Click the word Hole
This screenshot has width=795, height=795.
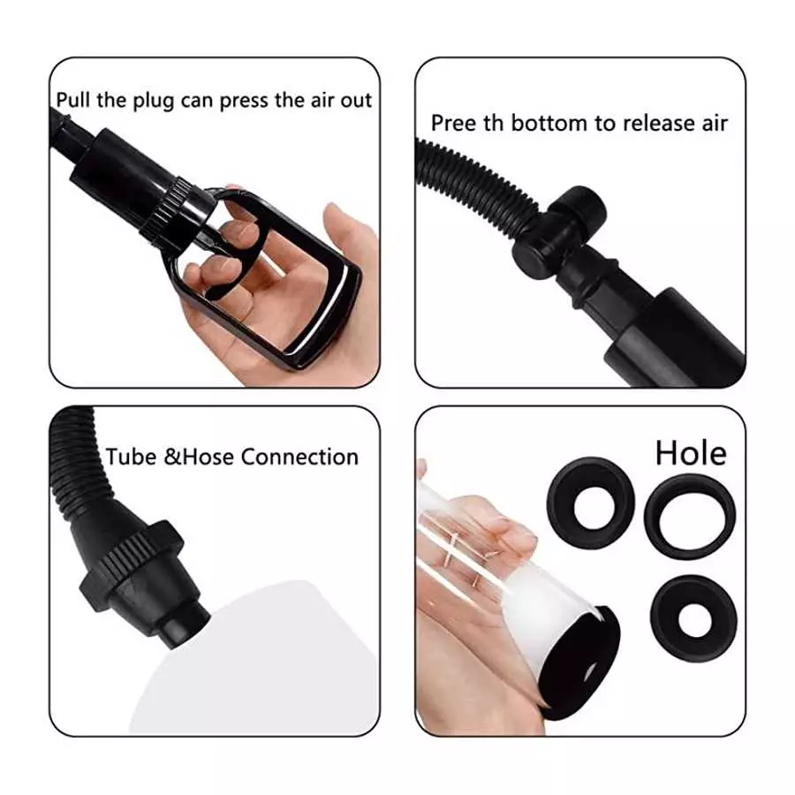tap(691, 452)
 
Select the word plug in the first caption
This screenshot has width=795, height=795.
tap(154, 99)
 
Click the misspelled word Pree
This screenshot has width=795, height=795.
tap(450, 123)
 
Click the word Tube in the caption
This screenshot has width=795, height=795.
tap(126, 457)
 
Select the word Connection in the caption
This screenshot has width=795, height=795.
tap(299, 457)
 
